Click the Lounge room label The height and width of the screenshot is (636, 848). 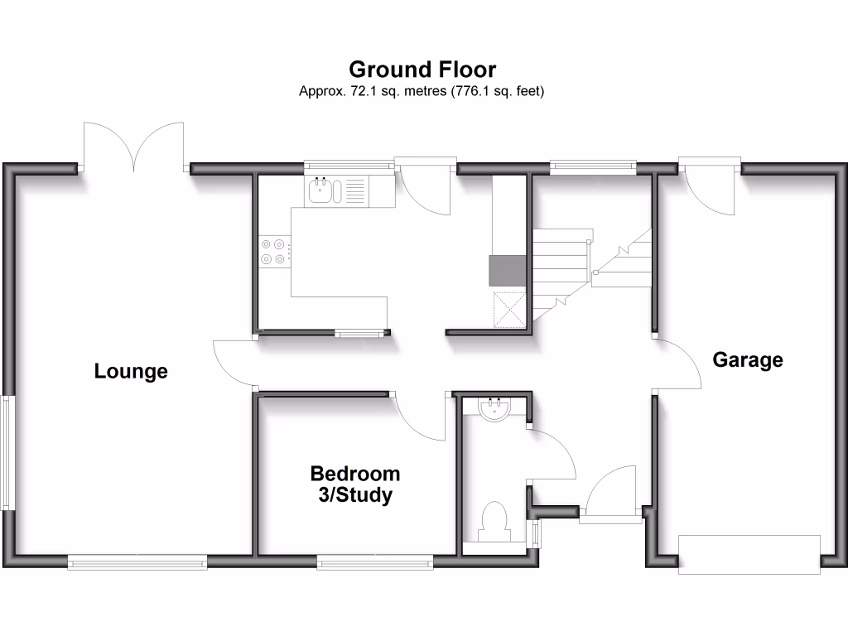[x=131, y=371]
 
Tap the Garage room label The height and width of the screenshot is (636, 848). [x=748, y=360]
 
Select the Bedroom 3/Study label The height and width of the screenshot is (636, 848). [x=354, y=484]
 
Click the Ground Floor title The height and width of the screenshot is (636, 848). [x=422, y=69]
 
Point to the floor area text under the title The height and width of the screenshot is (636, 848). [x=422, y=92]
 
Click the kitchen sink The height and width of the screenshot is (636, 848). [x=320, y=192]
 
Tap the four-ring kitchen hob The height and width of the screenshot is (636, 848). [x=274, y=252]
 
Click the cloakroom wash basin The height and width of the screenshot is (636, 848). [x=495, y=409]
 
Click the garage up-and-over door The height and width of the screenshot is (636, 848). [x=749, y=554]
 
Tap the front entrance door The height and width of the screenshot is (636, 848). [x=611, y=495]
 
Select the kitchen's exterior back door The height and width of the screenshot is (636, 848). [x=424, y=186]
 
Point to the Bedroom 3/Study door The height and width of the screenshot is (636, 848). [x=420, y=417]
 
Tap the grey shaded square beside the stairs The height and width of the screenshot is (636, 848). [x=507, y=271]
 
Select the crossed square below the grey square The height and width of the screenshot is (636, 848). [x=509, y=310]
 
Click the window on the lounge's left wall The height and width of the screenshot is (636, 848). [x=7, y=453]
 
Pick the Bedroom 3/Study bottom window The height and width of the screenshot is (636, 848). [x=375, y=563]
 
